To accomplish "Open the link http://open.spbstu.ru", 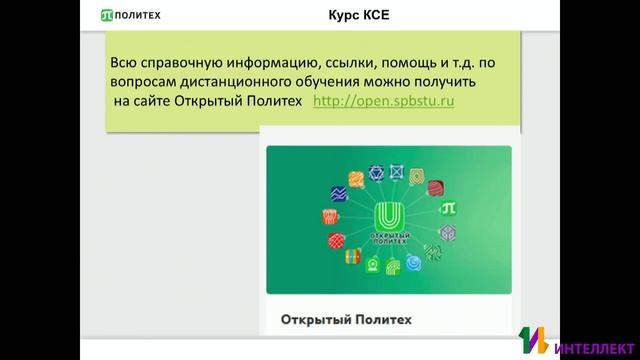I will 384,102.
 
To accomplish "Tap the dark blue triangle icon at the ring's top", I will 377,171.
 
